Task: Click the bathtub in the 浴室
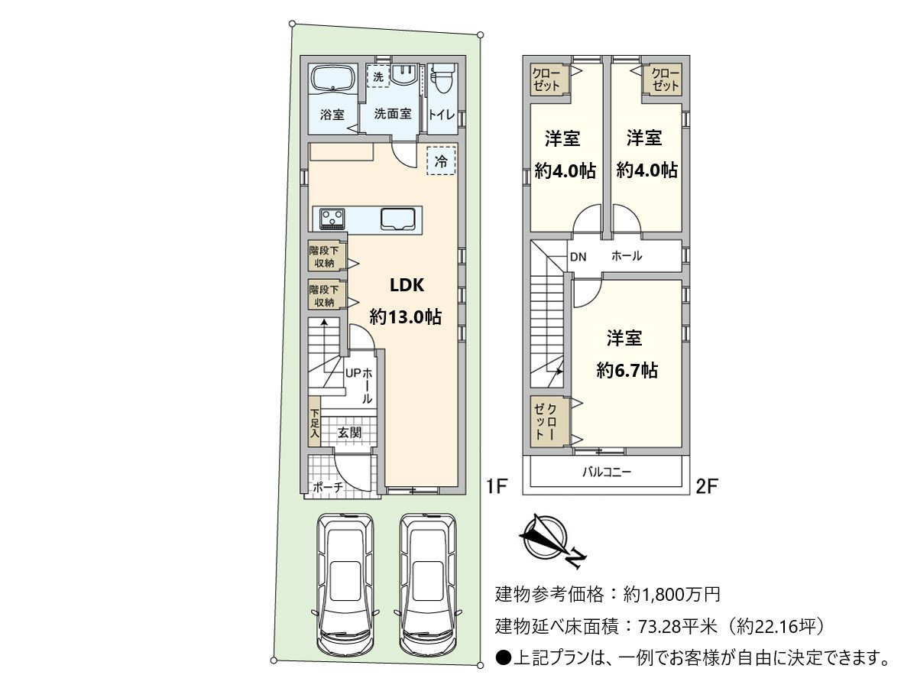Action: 332,80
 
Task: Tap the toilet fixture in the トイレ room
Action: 442,80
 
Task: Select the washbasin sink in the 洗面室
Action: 403,75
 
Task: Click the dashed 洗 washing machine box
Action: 377,76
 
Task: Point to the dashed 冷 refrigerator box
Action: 441,161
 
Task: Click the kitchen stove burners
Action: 332,219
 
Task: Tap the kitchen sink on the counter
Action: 398,219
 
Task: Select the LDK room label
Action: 406,285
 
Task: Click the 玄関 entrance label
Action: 349,433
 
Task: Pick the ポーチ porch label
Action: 328,487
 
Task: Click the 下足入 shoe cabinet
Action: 314,422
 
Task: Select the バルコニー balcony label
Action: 607,472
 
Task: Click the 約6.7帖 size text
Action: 627,371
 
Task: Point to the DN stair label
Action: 578,257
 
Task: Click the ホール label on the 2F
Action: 627,256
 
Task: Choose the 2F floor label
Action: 705,485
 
